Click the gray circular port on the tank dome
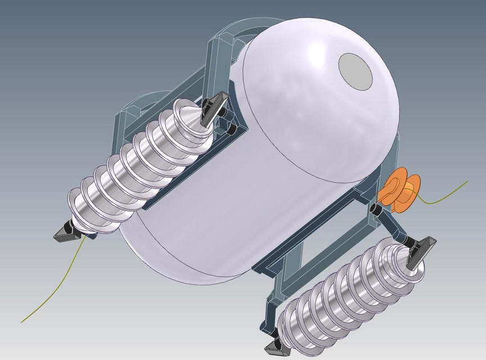pos(356,71)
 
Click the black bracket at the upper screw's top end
pos(214,106)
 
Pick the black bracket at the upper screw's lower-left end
pos(66,233)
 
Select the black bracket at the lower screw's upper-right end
pos(421,247)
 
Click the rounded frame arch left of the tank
pos(141,104)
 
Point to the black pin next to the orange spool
pos(375,210)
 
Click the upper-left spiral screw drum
pos(141,169)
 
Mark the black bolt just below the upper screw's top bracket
pos(231,129)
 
